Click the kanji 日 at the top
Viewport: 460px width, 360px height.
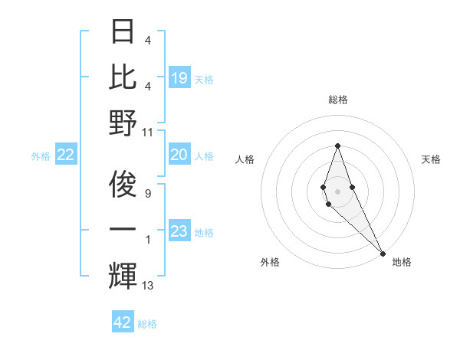[x=123, y=31]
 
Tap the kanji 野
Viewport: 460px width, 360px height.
[x=123, y=123]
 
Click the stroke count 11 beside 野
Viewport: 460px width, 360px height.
[x=149, y=132]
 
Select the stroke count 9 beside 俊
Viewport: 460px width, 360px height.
[x=148, y=185]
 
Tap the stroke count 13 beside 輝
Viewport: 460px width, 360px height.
[x=148, y=286]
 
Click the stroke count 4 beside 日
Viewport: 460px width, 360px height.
[x=147, y=41]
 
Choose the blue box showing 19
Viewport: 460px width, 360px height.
[x=179, y=78]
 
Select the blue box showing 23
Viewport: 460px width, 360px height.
[x=179, y=231]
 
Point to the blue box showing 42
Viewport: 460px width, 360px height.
[x=122, y=322]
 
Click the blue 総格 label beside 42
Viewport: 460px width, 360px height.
[x=147, y=324]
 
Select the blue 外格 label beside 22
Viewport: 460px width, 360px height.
[x=41, y=156]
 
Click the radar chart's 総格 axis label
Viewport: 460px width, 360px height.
[x=337, y=100]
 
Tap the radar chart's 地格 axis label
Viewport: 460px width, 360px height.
[x=402, y=262]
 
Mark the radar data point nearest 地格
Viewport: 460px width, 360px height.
[x=382, y=253]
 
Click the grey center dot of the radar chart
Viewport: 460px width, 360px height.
[x=337, y=191]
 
